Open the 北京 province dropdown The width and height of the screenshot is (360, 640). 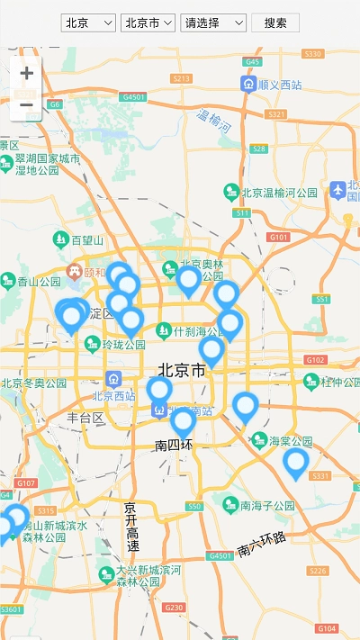click(89, 23)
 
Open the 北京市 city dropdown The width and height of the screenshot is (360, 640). click(148, 23)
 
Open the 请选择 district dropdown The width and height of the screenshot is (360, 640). click(213, 23)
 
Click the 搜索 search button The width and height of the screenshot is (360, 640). click(275, 23)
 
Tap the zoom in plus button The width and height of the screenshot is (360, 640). click(26, 73)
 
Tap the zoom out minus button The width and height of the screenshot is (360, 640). click(26, 105)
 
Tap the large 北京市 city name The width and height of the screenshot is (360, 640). click(181, 370)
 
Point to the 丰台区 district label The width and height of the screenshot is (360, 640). click(85, 418)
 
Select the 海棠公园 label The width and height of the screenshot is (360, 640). click(289, 441)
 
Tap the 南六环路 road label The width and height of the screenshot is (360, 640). click(261, 544)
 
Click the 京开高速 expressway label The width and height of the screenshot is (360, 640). click(131, 527)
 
